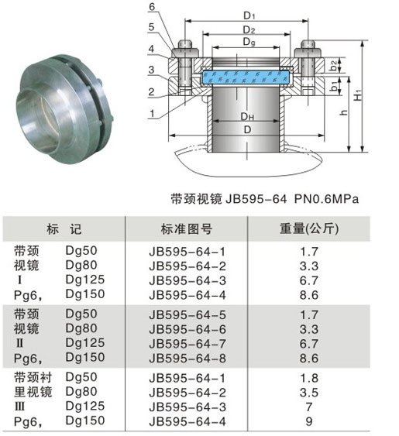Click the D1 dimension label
[x=249, y=15]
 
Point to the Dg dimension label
[x=249, y=43]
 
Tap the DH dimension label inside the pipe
[x=247, y=116]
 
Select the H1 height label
[x=359, y=95]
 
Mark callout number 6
[x=152, y=6]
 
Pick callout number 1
[x=152, y=113]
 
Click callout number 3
[x=151, y=70]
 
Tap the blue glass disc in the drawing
[x=246, y=77]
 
